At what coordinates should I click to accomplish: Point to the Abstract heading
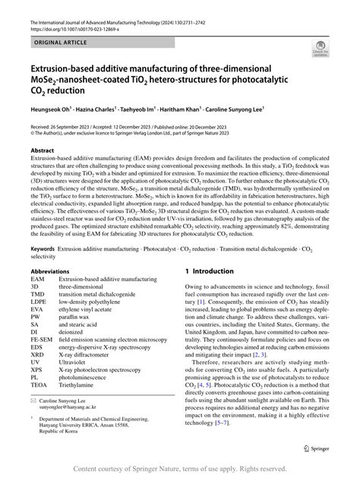pos(43,150)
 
